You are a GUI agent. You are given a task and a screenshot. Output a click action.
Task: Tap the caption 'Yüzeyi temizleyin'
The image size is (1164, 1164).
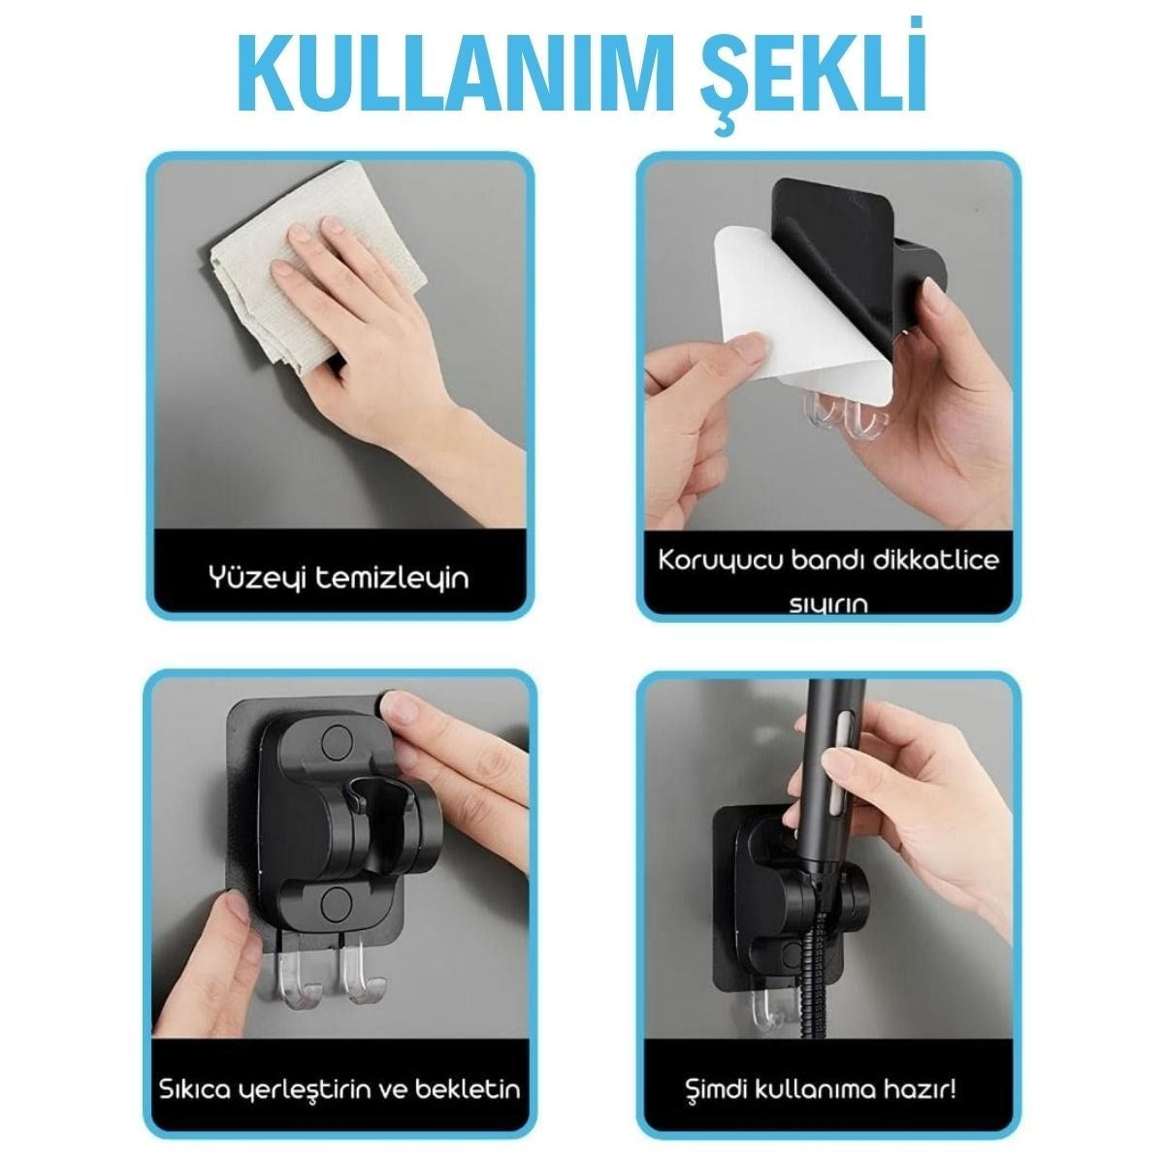(339, 579)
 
